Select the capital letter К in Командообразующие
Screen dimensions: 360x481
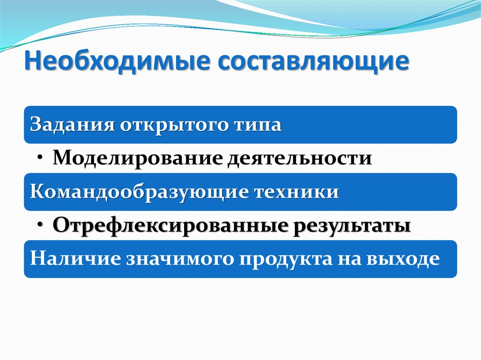click(36, 192)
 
